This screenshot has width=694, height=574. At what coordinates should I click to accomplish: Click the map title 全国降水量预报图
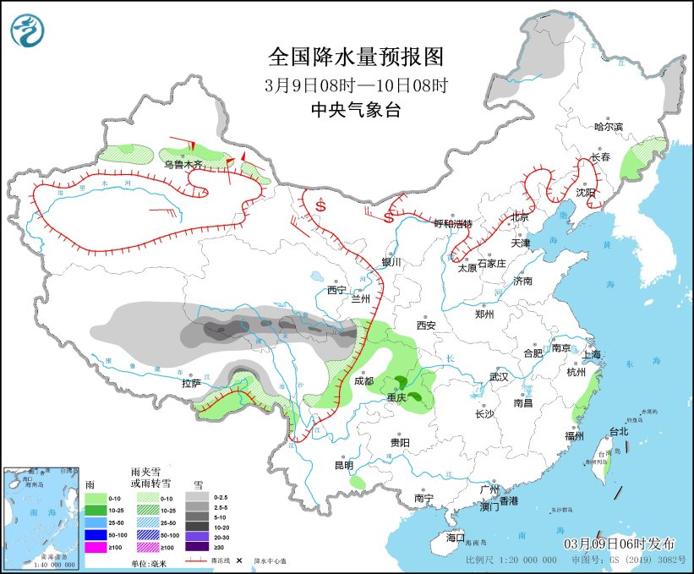355,57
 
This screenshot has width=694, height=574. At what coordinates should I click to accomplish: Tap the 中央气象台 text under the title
355,109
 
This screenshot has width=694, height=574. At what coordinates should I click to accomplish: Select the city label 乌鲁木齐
183,164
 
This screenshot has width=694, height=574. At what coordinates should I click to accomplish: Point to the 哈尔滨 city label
608,127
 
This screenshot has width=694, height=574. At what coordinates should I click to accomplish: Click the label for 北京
520,217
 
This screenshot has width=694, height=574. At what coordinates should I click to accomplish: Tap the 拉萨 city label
191,383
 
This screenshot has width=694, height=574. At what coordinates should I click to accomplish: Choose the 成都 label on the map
363,381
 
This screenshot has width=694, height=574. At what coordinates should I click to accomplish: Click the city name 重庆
397,396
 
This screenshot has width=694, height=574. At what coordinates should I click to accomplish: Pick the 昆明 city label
343,465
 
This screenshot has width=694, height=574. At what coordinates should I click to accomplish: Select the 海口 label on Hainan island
456,538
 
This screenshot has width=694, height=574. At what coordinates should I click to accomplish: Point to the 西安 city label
425,325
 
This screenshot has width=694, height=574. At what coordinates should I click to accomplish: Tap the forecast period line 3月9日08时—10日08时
355,85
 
